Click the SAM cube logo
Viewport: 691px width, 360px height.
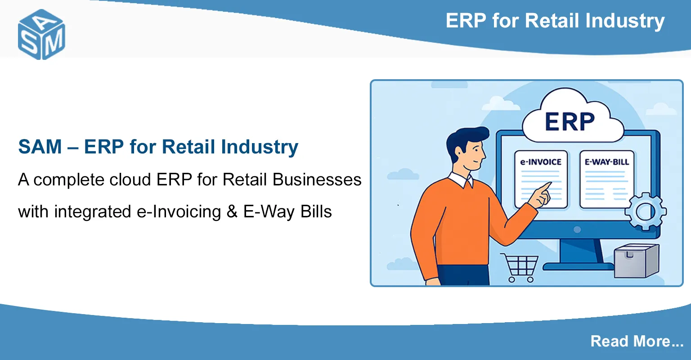41,34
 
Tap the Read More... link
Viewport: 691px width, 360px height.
637,341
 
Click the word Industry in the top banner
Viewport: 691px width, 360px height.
625,21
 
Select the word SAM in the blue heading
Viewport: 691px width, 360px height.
40,147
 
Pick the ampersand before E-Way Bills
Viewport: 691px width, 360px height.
232,212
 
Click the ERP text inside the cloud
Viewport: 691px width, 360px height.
570,122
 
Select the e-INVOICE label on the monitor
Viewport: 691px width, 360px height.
541,162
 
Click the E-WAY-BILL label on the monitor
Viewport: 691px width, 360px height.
607,162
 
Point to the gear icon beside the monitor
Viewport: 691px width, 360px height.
646,211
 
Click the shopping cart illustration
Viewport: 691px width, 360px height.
520,268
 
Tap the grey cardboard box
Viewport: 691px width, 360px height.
637,261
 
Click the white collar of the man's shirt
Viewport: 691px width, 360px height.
461,180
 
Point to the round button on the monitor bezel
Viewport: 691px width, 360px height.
577,229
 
